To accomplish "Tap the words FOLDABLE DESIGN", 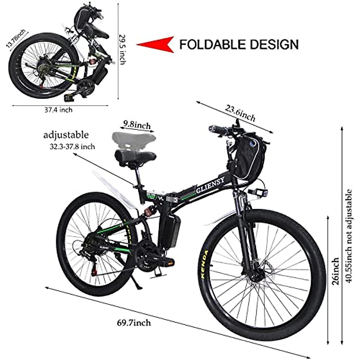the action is [239, 44].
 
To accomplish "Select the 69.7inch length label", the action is [134, 323].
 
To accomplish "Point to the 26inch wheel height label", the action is [336, 271].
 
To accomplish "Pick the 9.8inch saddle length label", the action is [137, 125].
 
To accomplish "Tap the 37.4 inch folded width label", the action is [58, 110].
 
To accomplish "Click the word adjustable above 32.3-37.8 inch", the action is [66, 135].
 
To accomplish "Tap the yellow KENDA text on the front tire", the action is [205, 264].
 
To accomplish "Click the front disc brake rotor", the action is [255, 271].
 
